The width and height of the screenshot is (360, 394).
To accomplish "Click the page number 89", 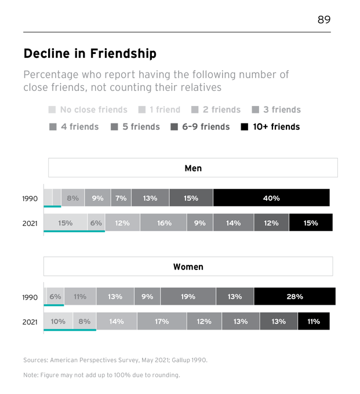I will click(323, 20).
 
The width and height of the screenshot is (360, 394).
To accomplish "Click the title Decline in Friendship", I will click(90, 54).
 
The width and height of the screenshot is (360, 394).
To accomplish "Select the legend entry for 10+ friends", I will click(270, 126).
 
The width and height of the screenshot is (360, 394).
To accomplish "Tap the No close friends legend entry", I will click(88, 110).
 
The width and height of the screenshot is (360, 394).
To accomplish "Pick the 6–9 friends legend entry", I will click(200, 126).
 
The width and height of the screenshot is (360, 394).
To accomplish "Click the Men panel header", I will click(192, 168).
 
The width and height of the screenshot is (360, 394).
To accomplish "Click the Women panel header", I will click(188, 267).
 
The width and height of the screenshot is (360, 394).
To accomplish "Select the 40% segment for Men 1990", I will click(271, 198).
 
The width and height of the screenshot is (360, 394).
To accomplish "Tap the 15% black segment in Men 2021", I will click(311, 222).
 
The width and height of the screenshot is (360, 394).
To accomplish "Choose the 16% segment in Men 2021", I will click(163, 222).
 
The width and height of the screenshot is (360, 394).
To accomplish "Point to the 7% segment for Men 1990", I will click(121, 198).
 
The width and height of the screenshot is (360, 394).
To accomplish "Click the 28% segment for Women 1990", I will click(294, 296).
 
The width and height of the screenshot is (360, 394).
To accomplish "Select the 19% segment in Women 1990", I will click(188, 296).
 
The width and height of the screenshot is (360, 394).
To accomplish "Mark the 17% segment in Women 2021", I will click(162, 321).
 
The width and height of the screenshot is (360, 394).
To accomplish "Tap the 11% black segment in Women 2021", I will click(313, 321).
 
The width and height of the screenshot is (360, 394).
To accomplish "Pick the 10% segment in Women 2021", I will click(58, 321).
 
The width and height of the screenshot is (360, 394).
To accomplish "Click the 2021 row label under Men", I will click(30, 223).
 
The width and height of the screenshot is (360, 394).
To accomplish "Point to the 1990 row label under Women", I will click(30, 297).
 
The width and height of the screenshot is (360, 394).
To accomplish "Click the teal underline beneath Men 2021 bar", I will click(74, 232).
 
